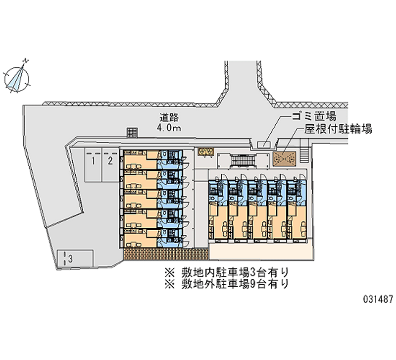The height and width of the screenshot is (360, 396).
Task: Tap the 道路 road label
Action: point(169,118)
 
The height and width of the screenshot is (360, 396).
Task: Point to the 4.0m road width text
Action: point(169,128)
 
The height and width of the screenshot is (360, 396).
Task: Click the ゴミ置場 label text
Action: point(314,117)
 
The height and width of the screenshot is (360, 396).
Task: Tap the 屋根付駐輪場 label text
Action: point(338,129)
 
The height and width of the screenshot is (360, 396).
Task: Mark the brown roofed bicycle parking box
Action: point(284,159)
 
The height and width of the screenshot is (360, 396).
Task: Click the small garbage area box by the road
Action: point(264,145)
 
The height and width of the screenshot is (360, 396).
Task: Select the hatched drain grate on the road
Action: point(132,132)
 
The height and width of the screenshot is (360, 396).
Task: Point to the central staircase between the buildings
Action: point(243,160)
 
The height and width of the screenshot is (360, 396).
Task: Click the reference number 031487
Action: point(378,300)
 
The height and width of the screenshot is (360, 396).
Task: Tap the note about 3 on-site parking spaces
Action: point(226,272)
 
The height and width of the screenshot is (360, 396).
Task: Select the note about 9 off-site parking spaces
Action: point(226,284)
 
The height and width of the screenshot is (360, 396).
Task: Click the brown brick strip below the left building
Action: point(166,254)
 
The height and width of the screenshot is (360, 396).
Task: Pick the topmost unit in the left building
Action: point(152,159)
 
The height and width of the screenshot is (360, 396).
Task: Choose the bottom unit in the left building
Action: point(152,238)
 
